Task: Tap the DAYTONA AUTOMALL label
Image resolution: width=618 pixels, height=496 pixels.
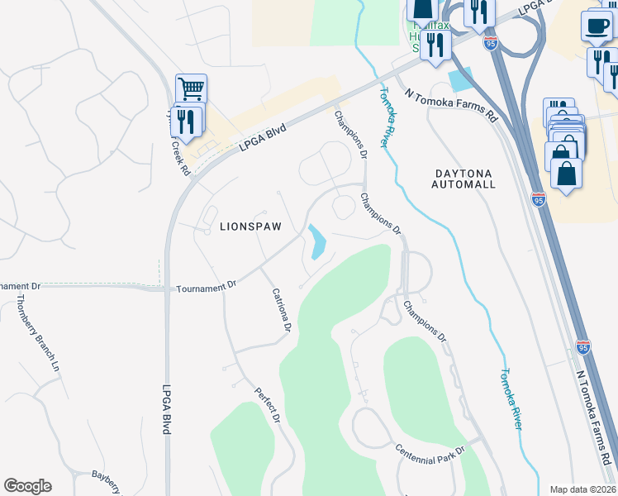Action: (x=463, y=179)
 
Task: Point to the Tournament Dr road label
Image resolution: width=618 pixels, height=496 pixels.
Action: (x=207, y=286)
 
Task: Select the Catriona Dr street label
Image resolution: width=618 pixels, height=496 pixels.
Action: (x=282, y=310)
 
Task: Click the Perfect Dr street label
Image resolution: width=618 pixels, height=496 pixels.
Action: (x=268, y=406)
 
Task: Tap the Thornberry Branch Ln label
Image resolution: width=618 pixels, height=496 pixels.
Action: (x=37, y=331)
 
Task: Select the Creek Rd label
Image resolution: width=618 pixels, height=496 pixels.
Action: (x=181, y=156)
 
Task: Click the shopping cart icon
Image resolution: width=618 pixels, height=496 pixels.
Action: (x=191, y=88)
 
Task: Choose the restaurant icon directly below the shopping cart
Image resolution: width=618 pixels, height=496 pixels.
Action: (x=186, y=122)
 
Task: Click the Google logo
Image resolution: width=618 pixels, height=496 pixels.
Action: (x=27, y=486)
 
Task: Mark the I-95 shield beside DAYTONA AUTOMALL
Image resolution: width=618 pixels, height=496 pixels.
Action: (x=539, y=199)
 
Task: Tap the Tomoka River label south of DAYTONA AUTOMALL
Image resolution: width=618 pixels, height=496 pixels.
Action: (x=512, y=398)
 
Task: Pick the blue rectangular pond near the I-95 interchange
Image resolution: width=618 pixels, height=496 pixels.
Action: (x=459, y=79)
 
